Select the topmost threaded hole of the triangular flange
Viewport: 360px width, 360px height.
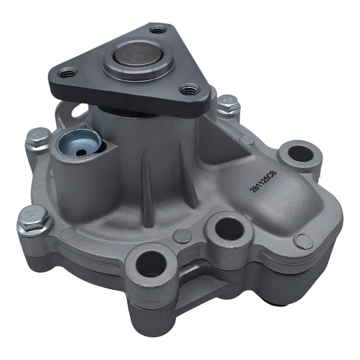158,31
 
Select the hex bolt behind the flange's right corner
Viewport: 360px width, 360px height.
228,105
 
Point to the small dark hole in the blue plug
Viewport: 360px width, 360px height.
81,153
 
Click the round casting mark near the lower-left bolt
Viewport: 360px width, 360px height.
68,234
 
